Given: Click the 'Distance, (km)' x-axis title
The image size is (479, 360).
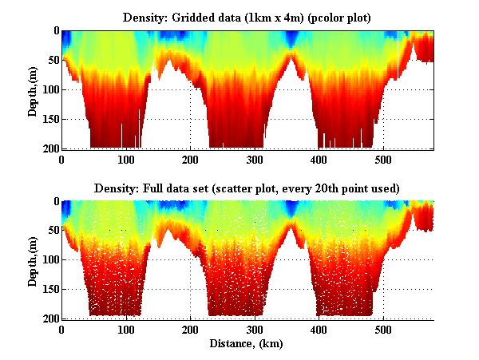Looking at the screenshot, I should [x=247, y=344].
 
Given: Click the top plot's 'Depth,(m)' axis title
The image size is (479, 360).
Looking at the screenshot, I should [x=33, y=89].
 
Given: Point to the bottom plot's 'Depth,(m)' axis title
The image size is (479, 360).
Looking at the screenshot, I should [x=33, y=260].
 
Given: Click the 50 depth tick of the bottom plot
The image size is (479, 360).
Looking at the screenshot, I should [x=52, y=231].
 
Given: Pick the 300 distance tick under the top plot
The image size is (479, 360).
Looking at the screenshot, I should [x=255, y=159].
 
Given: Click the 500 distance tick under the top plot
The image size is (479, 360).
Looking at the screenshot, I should [x=383, y=159].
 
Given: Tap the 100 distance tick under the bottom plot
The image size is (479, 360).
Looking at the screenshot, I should [x=126, y=329].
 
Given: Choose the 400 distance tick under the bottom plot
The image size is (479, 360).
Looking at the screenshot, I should [x=319, y=329].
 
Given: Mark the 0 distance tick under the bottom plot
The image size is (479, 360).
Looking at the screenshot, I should [x=62, y=329].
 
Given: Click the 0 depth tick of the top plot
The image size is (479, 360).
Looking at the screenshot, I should [x=55, y=31].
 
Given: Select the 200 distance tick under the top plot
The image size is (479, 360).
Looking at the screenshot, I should [x=191, y=159].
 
